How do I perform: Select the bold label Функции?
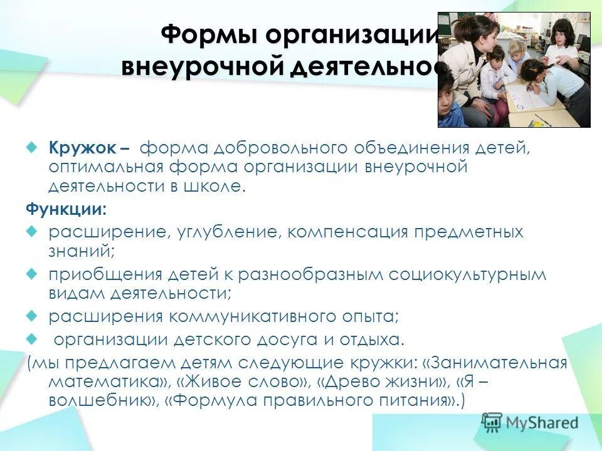(57, 209)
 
